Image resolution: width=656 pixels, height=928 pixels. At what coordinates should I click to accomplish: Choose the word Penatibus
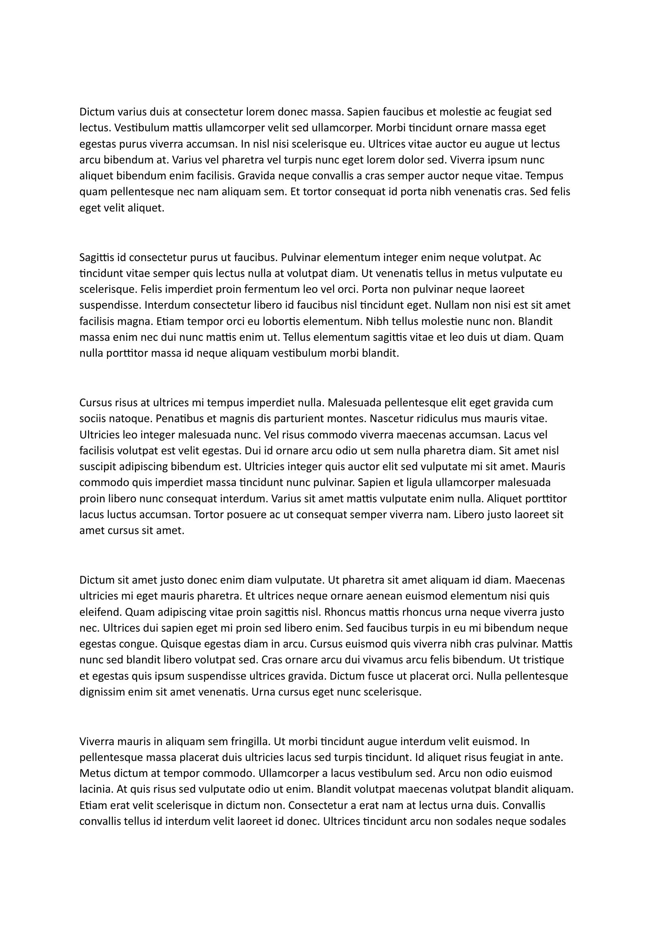pyautogui.click(x=180, y=419)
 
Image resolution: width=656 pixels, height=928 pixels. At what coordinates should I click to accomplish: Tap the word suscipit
pyautogui.click(x=97, y=467)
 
